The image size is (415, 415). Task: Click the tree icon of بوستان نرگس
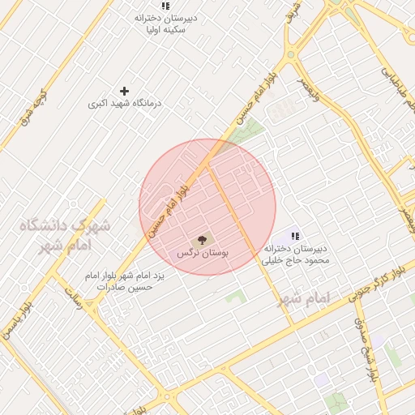(202, 240)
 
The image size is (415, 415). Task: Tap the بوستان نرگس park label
(203, 254)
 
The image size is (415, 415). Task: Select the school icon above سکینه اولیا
(165, 6)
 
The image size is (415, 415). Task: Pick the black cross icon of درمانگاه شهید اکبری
(124, 91)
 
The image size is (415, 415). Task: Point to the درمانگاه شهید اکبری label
(124, 105)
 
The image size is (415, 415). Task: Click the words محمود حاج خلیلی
(296, 260)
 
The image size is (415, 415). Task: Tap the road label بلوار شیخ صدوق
(366, 349)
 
